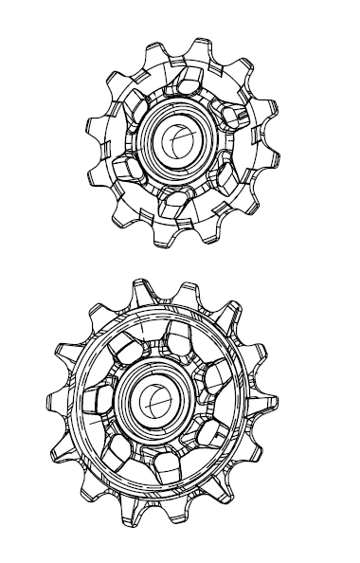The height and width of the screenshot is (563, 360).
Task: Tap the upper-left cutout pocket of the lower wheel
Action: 117,350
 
